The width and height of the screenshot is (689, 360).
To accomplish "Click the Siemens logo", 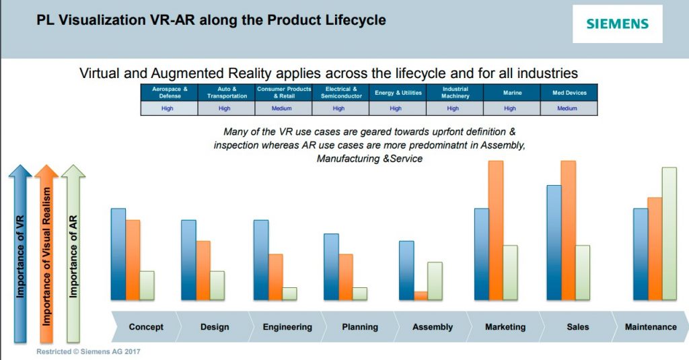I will (x=617, y=24).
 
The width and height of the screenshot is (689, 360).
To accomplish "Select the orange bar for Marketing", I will (x=496, y=230).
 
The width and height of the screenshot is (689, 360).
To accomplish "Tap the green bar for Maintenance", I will (x=669, y=233).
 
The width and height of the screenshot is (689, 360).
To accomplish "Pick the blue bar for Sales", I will (x=554, y=242).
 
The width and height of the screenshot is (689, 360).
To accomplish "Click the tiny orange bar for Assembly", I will (x=421, y=295).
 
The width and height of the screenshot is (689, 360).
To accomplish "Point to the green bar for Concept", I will (x=147, y=285).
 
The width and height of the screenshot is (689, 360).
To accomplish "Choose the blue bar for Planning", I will (x=331, y=266).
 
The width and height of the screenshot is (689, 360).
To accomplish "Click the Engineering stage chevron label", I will (x=287, y=327).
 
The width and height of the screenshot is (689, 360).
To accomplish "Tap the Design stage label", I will (x=215, y=327).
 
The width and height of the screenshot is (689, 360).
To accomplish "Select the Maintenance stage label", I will (x=651, y=327).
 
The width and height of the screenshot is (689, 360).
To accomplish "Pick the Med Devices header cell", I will (x=569, y=93).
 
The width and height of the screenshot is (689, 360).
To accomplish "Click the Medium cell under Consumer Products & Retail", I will (x=283, y=108).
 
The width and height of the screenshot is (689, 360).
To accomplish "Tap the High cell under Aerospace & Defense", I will (x=168, y=108).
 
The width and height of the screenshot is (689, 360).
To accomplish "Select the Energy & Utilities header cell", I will (x=398, y=93).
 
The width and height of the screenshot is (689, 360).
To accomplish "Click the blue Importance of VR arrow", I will (x=20, y=256).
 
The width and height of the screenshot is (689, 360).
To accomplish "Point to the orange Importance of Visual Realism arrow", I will (x=46, y=256).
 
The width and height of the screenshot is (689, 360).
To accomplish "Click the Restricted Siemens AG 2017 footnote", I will (x=88, y=351).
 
